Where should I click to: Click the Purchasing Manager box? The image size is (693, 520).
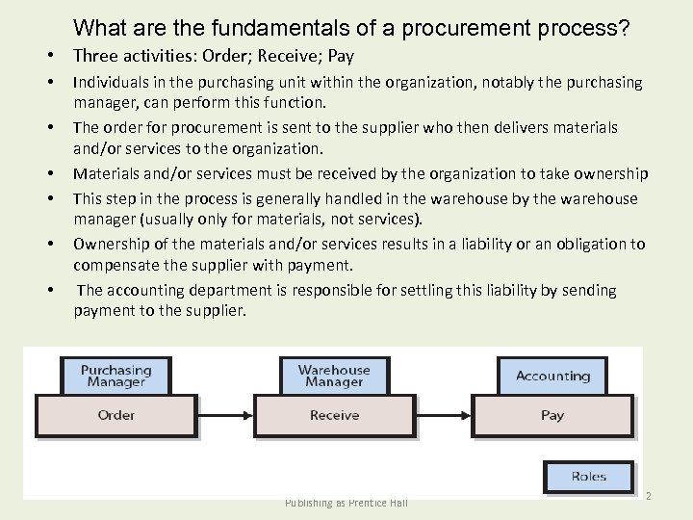point(115,376)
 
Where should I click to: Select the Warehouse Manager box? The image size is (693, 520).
point(334,376)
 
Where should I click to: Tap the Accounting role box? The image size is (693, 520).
point(552,376)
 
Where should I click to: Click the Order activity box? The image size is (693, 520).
point(115,416)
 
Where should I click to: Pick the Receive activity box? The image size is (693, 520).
point(334,416)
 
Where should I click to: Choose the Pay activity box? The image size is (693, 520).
point(552,416)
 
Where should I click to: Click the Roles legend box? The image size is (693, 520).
point(588,477)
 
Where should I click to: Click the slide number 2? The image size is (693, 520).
point(649,495)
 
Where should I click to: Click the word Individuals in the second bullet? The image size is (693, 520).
point(110,83)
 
